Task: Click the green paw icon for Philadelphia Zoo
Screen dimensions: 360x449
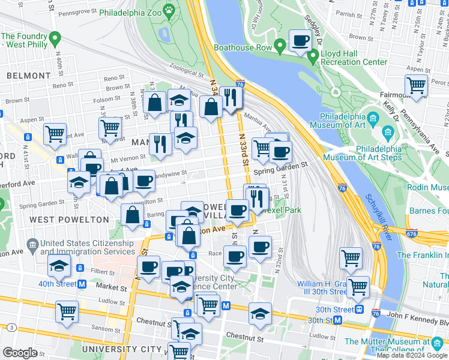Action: coord(170,11)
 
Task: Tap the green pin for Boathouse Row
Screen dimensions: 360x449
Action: coord(280,46)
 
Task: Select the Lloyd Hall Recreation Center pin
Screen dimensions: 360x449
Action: coord(312,57)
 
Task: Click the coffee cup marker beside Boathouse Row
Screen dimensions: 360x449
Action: coord(300,41)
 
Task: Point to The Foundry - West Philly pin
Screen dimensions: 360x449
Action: coord(55,40)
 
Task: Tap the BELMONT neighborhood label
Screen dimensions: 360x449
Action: coord(29,76)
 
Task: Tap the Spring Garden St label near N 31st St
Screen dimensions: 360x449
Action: coord(280,172)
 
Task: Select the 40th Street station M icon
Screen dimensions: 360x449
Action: coord(82,283)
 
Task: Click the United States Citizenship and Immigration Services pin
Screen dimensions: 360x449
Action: coord(31,245)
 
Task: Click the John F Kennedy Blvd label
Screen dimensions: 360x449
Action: coord(410,314)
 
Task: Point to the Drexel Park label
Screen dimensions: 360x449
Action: coord(282,211)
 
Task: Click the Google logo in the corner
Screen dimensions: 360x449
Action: coord(20,352)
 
